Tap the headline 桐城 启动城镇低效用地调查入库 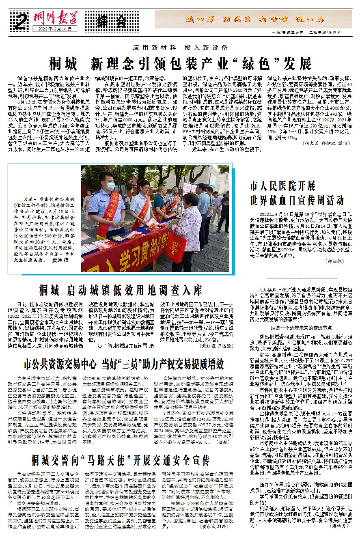(121, 291)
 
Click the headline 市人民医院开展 (282, 186)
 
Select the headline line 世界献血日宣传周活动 (297, 200)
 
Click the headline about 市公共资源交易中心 (123, 363)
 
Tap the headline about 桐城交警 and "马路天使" (121, 460)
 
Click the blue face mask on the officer (110, 186)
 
